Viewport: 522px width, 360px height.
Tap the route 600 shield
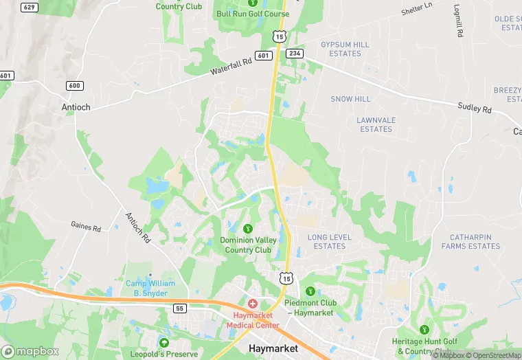[75, 85]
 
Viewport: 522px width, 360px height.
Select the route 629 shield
[29, 8]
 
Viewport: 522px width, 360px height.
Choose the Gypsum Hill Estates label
[345, 49]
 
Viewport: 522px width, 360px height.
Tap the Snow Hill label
[350, 99]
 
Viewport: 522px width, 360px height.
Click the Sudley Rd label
[475, 107]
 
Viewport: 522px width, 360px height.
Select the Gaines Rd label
[86, 225]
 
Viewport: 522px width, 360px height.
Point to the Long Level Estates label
[330, 242]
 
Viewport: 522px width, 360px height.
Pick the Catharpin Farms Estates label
[470, 242]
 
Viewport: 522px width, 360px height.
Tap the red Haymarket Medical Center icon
[252, 303]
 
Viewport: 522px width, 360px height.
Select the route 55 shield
[180, 308]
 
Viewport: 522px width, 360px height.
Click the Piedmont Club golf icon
[310, 292]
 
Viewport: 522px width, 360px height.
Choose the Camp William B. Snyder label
[150, 288]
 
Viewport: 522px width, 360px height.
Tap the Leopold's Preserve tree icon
[163, 343]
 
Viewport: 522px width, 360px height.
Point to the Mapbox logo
[30, 351]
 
